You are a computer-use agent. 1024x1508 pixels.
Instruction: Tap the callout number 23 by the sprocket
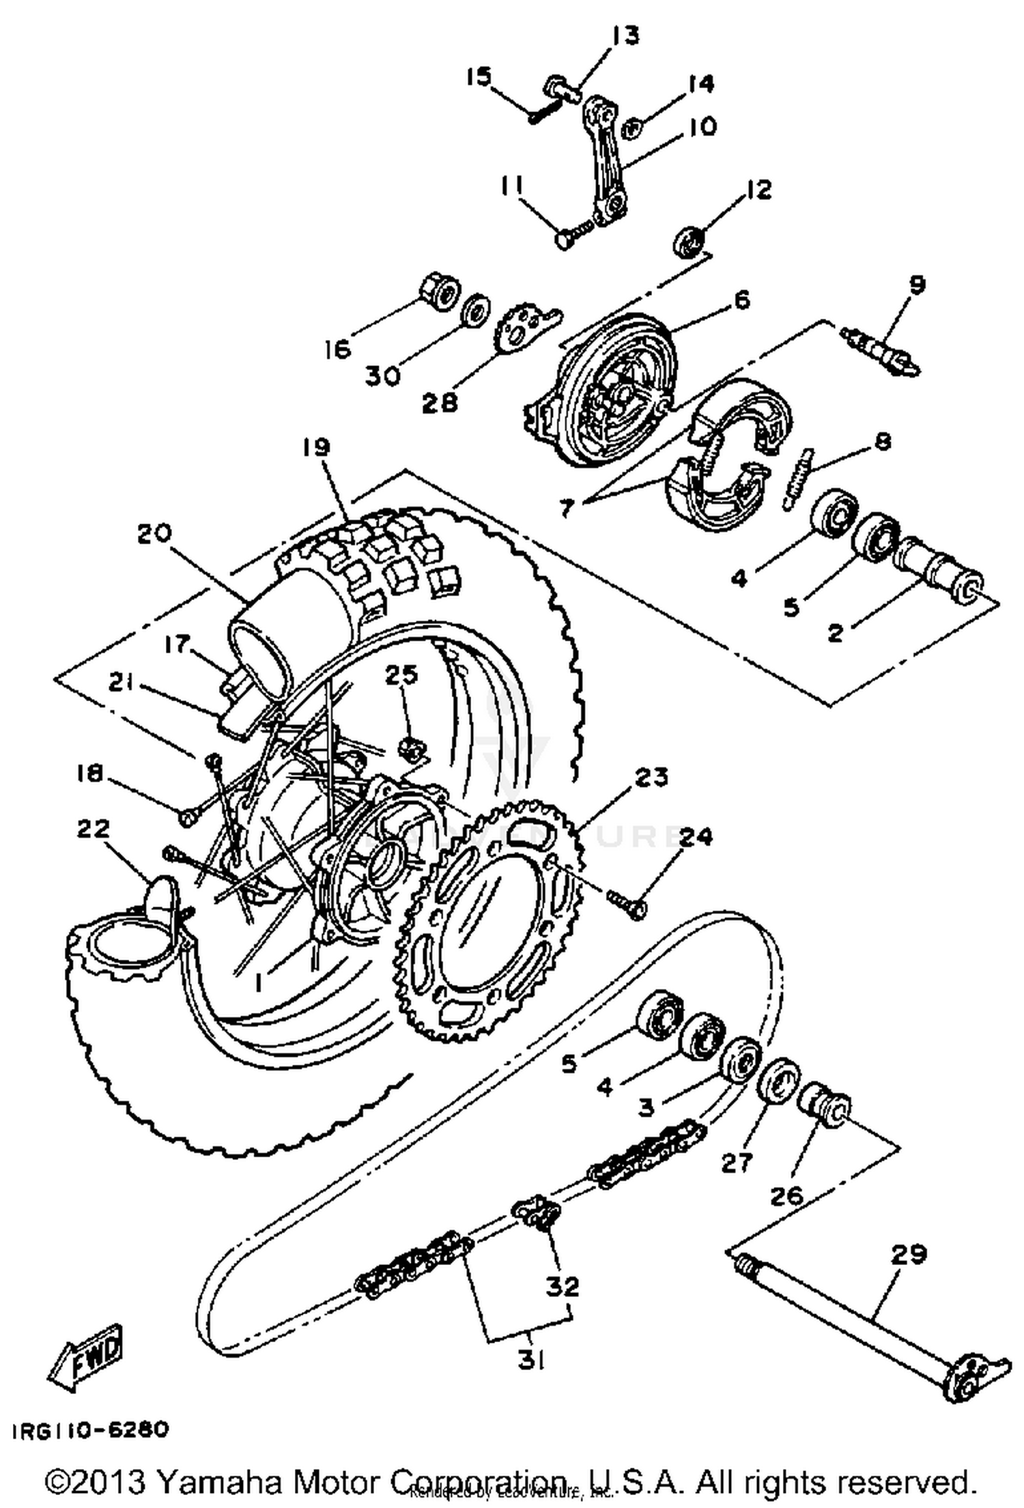pyautogui.click(x=651, y=778)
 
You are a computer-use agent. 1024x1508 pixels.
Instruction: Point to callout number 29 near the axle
pyautogui.click(x=909, y=1254)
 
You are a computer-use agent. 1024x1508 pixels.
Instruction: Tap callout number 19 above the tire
pyautogui.click(x=317, y=447)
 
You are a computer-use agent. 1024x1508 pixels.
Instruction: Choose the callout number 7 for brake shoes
pyautogui.click(x=566, y=509)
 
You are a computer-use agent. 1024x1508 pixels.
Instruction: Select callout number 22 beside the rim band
pyautogui.click(x=93, y=829)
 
